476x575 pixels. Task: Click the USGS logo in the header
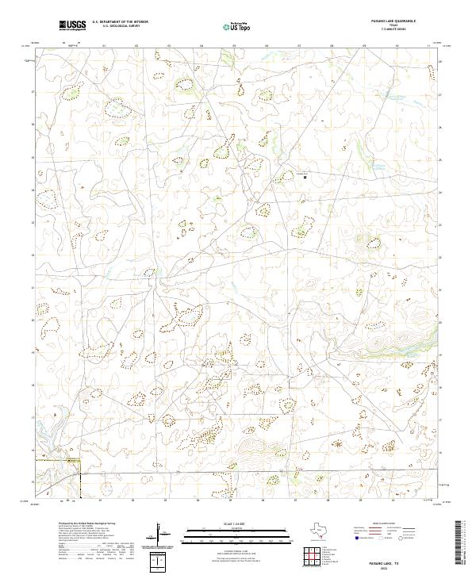73,25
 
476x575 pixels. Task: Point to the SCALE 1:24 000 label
237,523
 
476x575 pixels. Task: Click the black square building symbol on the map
305,178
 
